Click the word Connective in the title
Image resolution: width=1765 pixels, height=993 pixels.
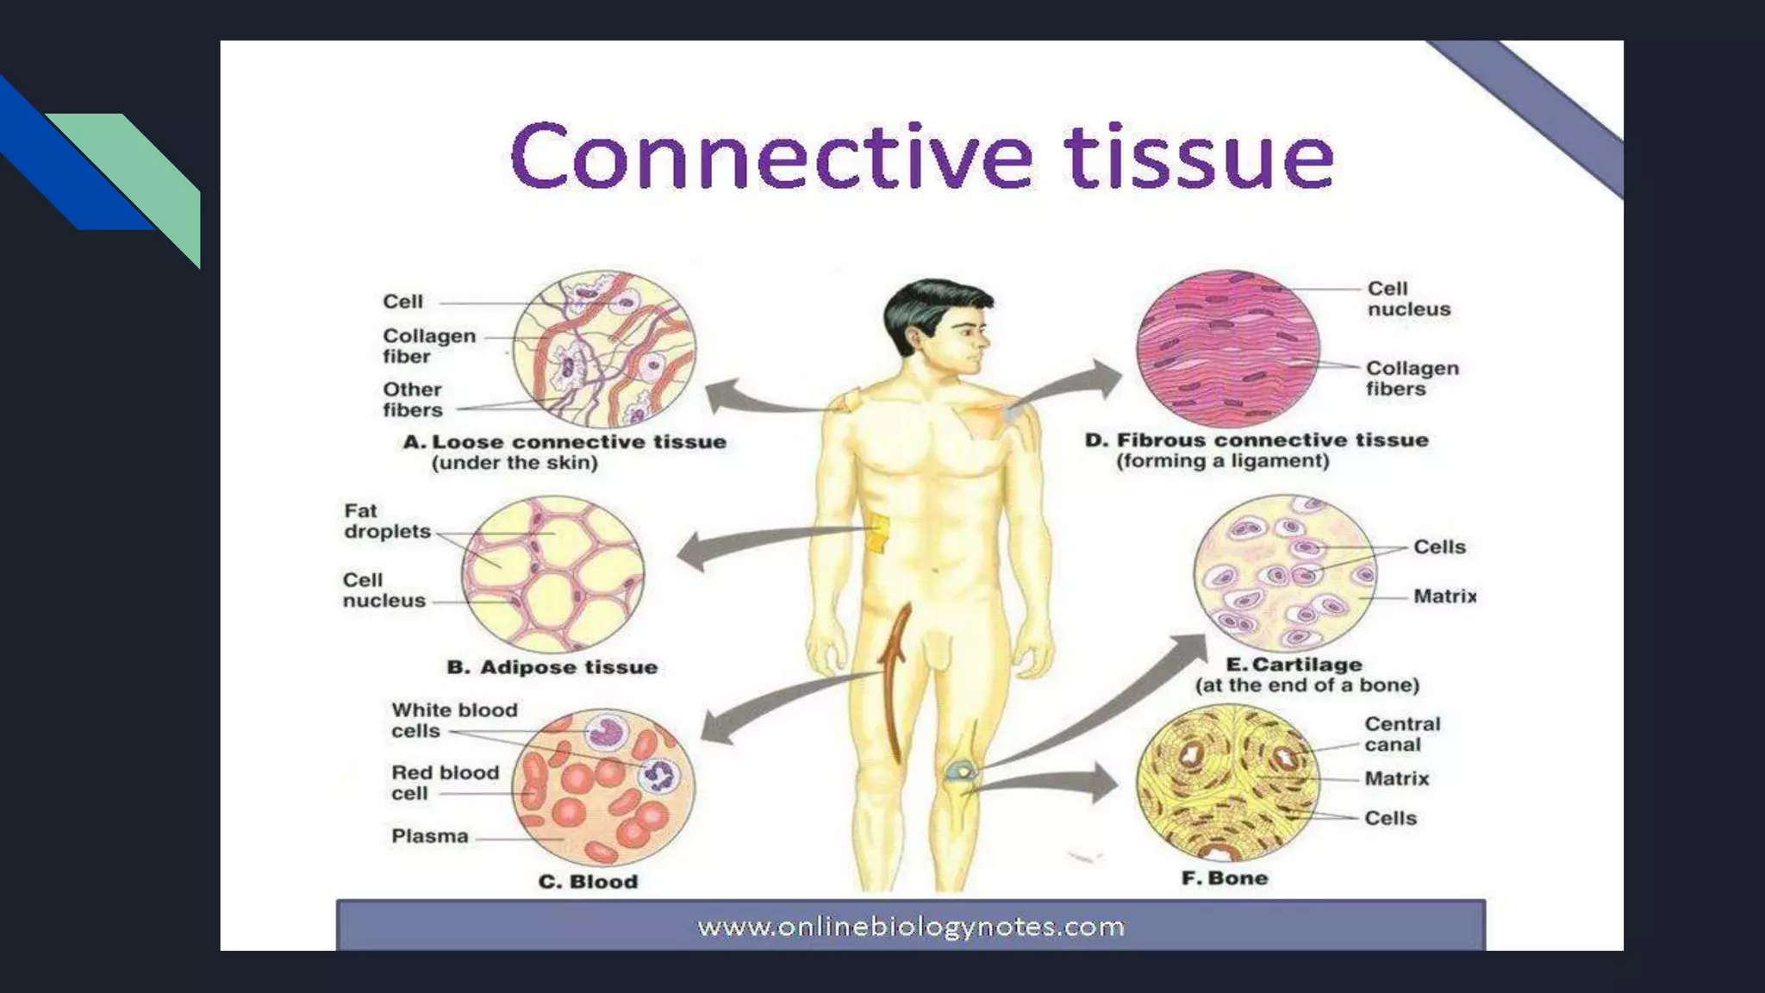click(771, 157)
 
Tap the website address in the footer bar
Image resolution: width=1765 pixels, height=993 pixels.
click(911, 927)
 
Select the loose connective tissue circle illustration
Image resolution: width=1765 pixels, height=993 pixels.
click(604, 349)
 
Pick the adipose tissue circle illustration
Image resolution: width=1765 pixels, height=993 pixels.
click(552, 574)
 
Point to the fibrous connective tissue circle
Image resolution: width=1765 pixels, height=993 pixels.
click(1227, 349)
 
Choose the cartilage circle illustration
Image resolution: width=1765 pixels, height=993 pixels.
click(1284, 573)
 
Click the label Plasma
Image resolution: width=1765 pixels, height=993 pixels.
click(429, 836)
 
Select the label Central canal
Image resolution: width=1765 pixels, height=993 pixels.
click(1401, 734)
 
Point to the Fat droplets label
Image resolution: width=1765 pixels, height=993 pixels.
click(386, 521)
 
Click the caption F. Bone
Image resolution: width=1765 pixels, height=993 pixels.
click(1225, 878)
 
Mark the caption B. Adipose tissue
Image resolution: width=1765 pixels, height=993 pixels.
click(552, 667)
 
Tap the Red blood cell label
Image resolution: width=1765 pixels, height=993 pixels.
click(445, 783)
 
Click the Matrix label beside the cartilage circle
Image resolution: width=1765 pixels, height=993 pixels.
click(1444, 596)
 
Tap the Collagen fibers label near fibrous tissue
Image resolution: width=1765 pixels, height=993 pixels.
click(1412, 378)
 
